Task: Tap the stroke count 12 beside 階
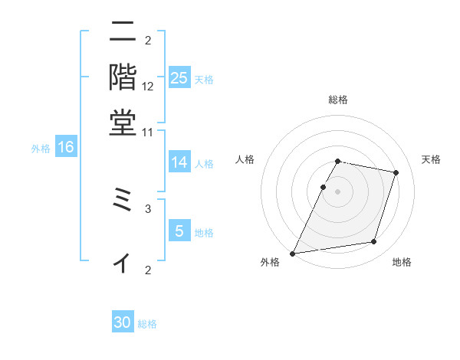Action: (148, 87)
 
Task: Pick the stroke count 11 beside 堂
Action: (148, 132)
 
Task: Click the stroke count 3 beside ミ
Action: (148, 208)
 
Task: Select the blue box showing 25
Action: (179, 77)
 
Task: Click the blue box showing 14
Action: (179, 162)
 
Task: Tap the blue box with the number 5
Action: (179, 230)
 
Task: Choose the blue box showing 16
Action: (66, 147)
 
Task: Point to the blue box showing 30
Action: (123, 322)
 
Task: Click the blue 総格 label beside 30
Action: (147, 324)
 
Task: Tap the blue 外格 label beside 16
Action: (41, 149)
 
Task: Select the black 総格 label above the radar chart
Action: (337, 100)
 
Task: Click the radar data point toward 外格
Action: (293, 253)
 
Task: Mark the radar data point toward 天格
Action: (396, 172)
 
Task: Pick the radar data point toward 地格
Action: (374, 242)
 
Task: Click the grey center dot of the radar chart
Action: (337, 191)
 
